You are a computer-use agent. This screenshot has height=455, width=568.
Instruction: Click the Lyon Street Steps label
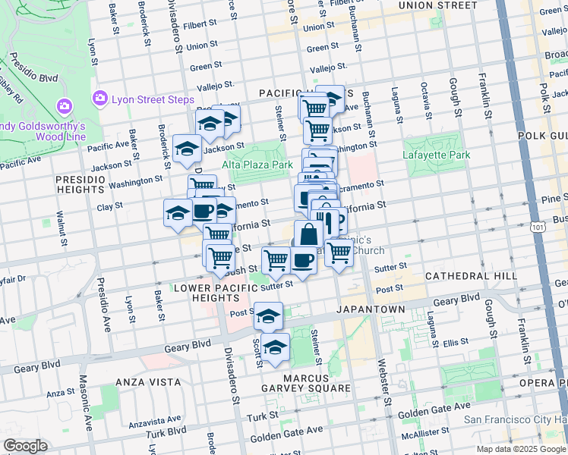[x=153, y=99]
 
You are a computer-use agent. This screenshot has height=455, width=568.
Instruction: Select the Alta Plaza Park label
[x=257, y=164]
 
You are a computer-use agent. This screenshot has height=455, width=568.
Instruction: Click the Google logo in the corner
[x=25, y=446]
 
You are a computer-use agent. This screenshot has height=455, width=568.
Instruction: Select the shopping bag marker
[x=308, y=234]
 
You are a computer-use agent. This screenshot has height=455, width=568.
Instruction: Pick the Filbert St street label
[x=199, y=24]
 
